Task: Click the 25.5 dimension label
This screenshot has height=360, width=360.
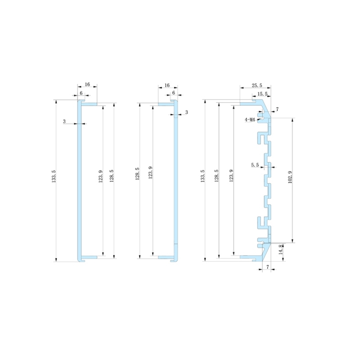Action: pos(257,85)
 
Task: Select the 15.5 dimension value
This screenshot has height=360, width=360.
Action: pos(262,94)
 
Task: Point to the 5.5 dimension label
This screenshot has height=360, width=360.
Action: pos(255,165)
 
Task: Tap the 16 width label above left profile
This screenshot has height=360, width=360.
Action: pos(87,85)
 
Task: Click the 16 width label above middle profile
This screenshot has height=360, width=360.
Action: pos(167,85)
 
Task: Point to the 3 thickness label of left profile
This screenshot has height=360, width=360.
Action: pos(64,121)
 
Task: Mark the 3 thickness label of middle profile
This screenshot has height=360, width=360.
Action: pos(186,112)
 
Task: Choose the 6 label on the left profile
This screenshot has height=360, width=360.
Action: pos(81,93)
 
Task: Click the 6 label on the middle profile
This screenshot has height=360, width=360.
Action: pos(173,93)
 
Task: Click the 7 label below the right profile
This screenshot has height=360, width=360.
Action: pos(268,267)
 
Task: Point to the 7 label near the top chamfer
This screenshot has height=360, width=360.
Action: pos(277,109)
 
